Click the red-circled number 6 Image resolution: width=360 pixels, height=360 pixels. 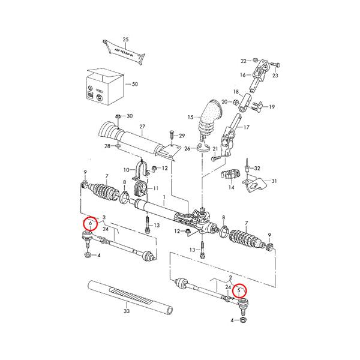[90, 223]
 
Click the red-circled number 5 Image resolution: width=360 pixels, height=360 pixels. [241, 292]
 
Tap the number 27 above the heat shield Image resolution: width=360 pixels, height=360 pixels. [142, 127]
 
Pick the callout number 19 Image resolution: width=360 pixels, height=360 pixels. [272, 107]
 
